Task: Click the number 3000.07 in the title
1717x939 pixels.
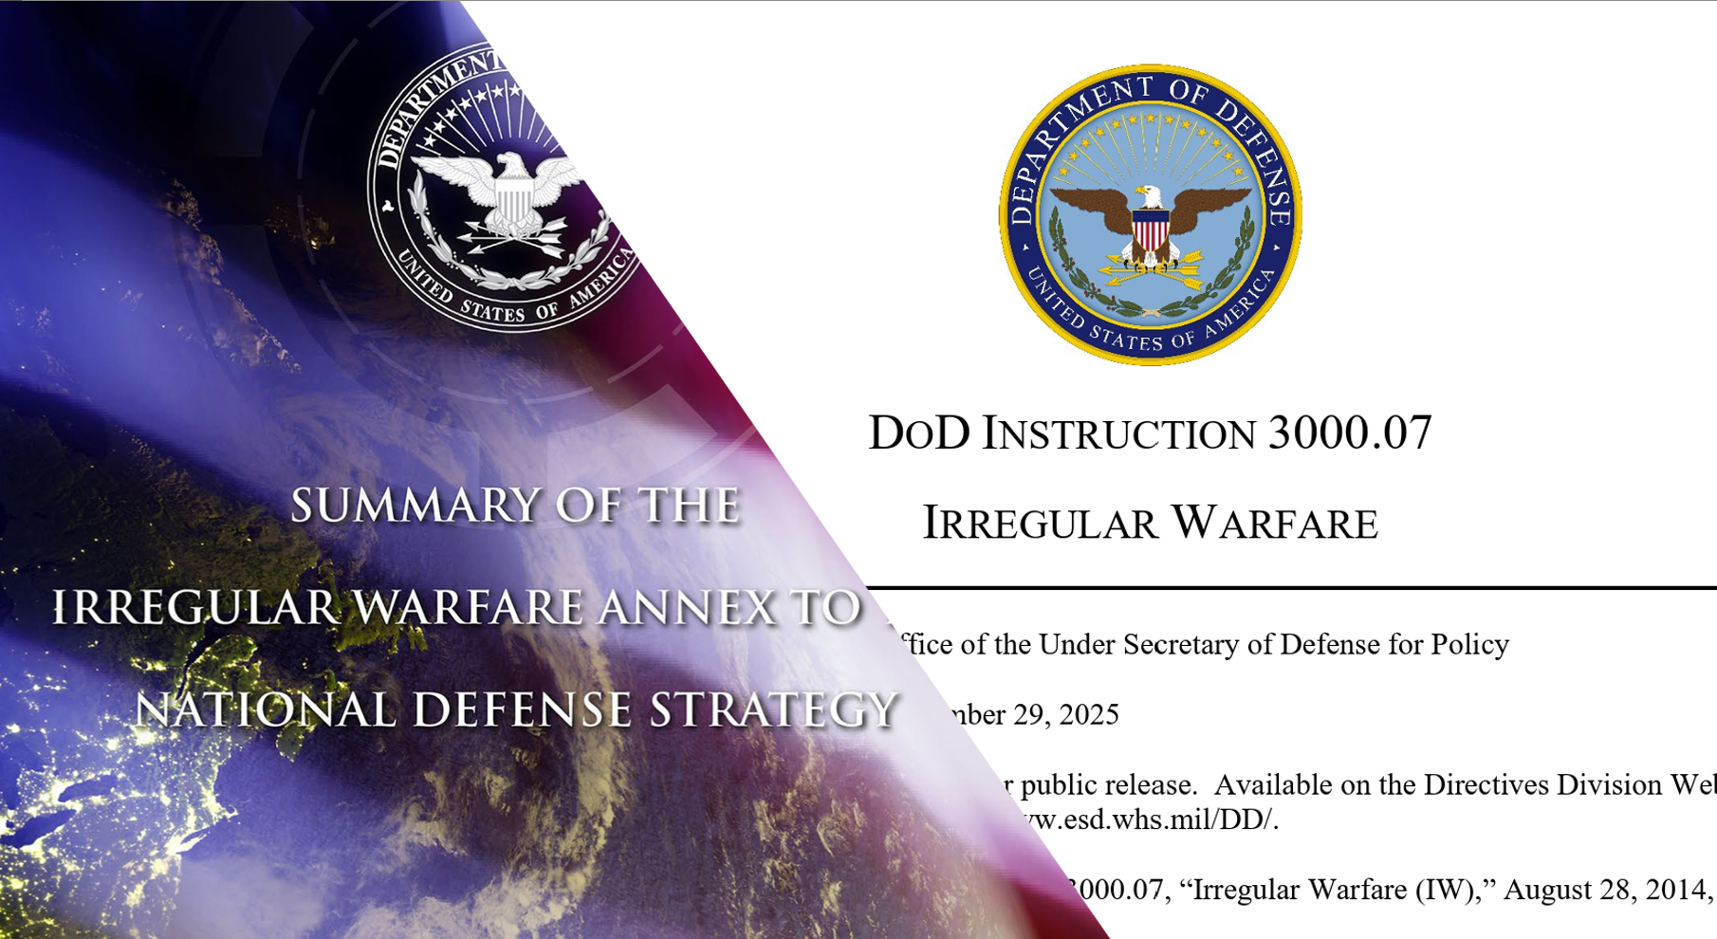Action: pos(1349,433)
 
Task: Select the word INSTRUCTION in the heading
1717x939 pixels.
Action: pos(1119,434)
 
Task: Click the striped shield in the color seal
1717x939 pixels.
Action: pos(1150,230)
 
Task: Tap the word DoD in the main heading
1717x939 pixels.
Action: pos(919,433)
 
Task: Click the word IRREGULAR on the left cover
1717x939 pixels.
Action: pos(194,608)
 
